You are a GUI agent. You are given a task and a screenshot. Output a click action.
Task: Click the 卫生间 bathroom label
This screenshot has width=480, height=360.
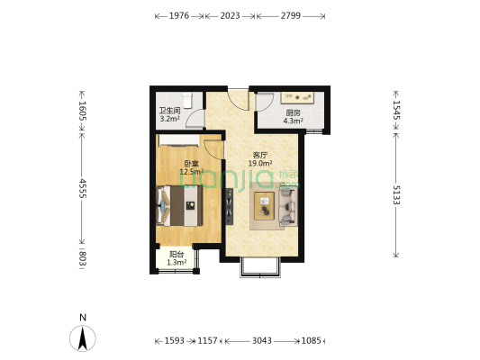click(169, 111)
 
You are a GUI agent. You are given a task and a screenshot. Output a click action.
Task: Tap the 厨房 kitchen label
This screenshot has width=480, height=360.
click(293, 112)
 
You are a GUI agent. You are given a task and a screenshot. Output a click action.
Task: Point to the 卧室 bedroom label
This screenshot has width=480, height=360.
click(191, 164)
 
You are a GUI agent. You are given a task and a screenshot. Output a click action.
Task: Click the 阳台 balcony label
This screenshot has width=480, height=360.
click(176, 255)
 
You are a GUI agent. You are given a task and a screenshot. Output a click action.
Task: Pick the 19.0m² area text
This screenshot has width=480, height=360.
click(260, 164)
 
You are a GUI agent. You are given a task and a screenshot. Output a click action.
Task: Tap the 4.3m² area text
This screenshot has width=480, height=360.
click(293, 121)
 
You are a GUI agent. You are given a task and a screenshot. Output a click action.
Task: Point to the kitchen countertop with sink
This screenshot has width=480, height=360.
click(297, 97)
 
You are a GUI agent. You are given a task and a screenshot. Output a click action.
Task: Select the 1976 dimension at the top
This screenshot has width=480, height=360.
click(179, 16)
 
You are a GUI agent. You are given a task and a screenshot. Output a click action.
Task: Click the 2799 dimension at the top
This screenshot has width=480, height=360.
click(290, 16)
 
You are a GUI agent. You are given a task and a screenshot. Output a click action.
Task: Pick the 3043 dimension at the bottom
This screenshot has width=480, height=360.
click(262, 340)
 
